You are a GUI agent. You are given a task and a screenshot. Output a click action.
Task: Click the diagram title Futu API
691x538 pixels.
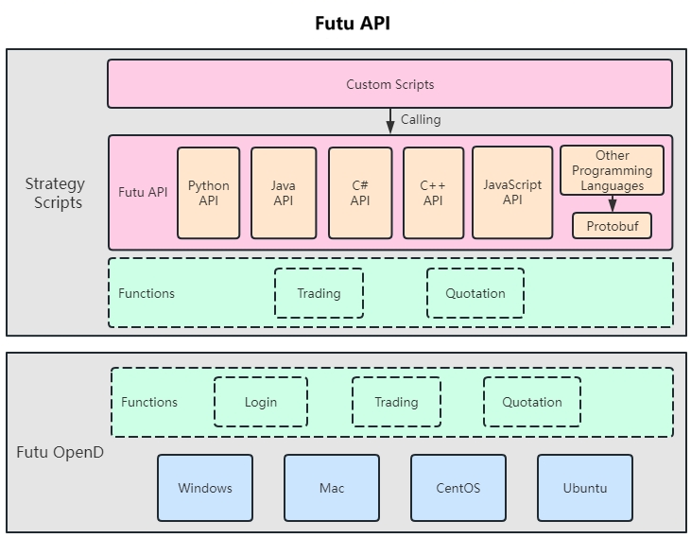click(352, 24)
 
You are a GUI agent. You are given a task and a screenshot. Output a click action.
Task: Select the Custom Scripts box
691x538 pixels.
click(389, 84)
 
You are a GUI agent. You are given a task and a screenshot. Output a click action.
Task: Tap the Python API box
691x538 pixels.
click(208, 192)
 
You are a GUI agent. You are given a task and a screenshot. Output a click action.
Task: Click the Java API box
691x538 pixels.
click(284, 192)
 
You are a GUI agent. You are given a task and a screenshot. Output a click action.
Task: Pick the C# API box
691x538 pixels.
click(360, 192)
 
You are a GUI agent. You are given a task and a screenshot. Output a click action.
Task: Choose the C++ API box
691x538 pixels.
click(433, 192)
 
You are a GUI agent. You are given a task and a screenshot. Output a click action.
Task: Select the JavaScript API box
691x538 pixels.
click(512, 192)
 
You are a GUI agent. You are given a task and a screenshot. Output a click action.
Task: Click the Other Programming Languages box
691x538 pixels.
click(612, 170)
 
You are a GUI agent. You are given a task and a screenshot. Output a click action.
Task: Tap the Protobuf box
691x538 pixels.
click(612, 226)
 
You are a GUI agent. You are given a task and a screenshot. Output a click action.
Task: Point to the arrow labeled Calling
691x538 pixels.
click(389, 121)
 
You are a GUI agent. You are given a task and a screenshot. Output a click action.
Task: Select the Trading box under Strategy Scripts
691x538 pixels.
click(319, 293)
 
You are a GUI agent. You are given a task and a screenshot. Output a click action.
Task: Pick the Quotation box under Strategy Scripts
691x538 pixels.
click(475, 293)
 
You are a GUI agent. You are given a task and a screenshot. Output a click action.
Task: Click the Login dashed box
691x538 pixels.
click(261, 402)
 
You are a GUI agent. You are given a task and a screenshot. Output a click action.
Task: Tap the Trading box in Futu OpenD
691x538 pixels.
click(396, 402)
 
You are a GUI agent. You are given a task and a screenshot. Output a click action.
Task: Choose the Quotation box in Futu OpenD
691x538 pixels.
click(531, 402)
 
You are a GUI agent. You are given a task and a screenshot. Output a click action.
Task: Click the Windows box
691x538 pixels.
click(205, 488)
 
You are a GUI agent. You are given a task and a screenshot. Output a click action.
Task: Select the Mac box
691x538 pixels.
click(332, 488)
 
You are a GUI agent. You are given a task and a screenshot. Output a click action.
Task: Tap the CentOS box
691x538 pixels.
click(458, 488)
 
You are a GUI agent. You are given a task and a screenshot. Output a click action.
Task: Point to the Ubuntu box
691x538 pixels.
click(585, 488)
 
